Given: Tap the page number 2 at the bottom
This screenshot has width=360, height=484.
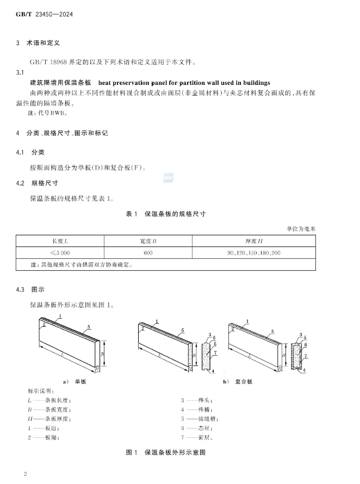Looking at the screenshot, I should [x=26, y=474].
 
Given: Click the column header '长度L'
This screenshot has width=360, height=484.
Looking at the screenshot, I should [x=59, y=240].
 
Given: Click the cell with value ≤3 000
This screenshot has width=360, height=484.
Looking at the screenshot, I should [x=59, y=253].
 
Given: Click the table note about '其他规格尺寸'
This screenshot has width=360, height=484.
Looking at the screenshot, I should [x=82, y=265].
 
